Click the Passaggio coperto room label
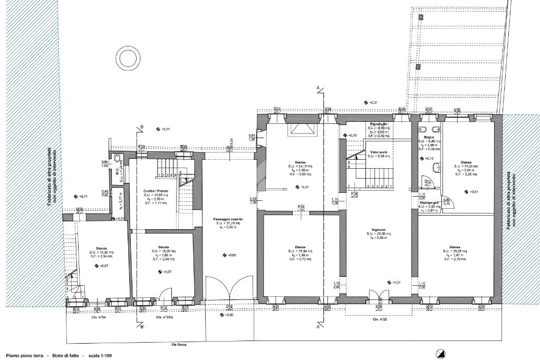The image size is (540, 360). coord(226,219)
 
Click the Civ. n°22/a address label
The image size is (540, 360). coord(166,318)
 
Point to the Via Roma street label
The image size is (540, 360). coord(180,344)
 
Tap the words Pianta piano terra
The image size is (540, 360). coord(24,356)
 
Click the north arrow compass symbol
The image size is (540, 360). coord(440,354)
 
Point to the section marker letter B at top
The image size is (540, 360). coord(142,127)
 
